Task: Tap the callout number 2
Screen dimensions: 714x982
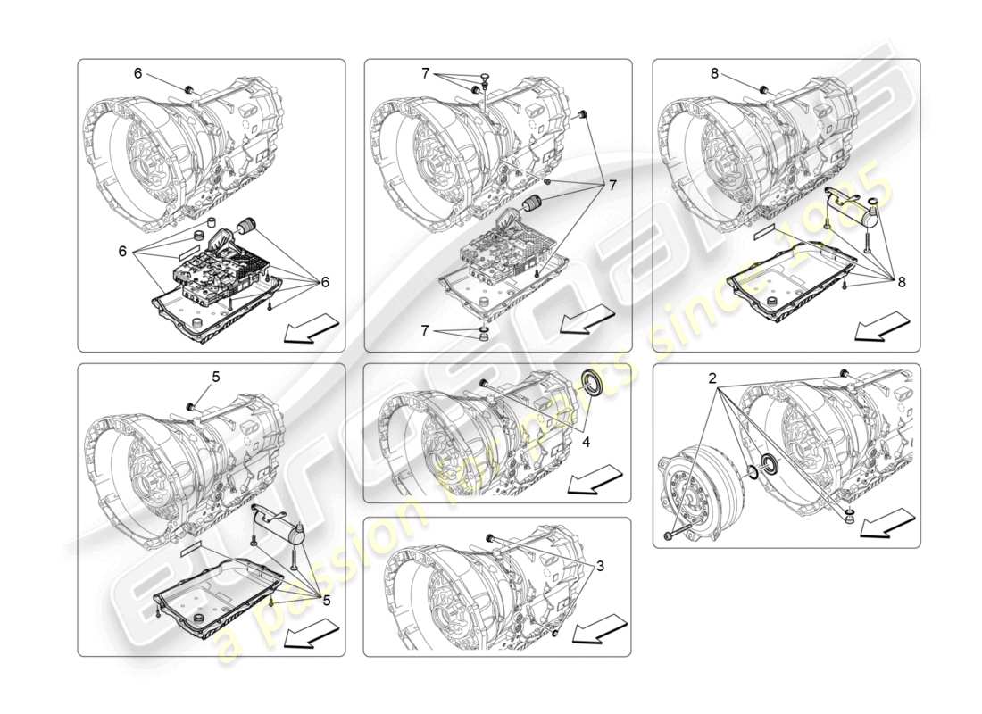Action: tap(712, 378)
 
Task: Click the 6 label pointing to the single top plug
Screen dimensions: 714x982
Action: tap(137, 73)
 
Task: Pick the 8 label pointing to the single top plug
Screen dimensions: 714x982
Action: tap(714, 73)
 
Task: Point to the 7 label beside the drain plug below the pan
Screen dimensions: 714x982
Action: tap(426, 330)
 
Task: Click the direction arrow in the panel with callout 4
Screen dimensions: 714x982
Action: tap(595, 481)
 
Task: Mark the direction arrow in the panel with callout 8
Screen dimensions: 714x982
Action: tap(882, 328)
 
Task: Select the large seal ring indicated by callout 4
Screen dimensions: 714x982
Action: tap(591, 385)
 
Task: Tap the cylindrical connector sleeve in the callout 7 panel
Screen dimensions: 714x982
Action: tap(532, 203)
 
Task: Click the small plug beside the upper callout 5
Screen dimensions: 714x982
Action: tap(190, 407)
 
